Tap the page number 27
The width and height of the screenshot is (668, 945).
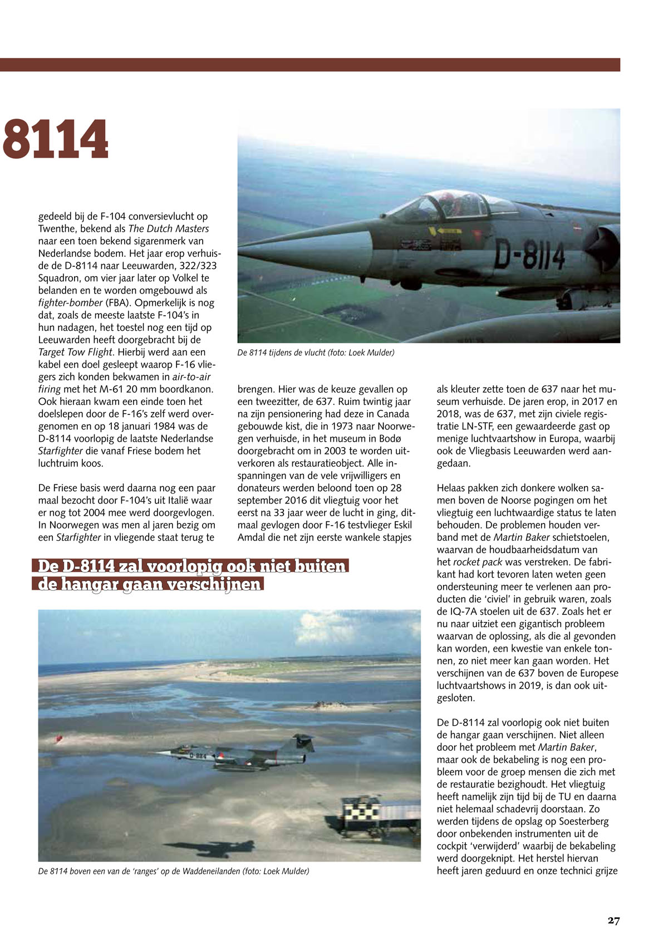pyautogui.click(x=613, y=920)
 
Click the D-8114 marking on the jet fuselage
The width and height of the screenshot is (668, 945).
pyautogui.click(x=529, y=257)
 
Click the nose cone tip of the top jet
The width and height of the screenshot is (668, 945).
pyautogui.click(x=242, y=252)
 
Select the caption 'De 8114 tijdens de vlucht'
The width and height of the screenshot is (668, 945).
pyautogui.click(x=316, y=352)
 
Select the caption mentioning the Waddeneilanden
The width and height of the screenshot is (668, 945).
pyautogui.click(x=173, y=871)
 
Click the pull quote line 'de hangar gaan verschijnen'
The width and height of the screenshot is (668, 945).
pyautogui.click(x=149, y=585)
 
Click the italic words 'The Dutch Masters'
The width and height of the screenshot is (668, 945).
pyautogui.click(x=169, y=229)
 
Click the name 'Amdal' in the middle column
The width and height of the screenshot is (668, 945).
pyautogui.click(x=251, y=537)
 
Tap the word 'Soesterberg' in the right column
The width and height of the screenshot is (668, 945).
pyautogui.click(x=583, y=821)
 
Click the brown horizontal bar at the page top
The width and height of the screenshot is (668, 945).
pyautogui.click(x=310, y=65)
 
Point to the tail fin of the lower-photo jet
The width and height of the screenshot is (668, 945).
pyautogui.click(x=304, y=743)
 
